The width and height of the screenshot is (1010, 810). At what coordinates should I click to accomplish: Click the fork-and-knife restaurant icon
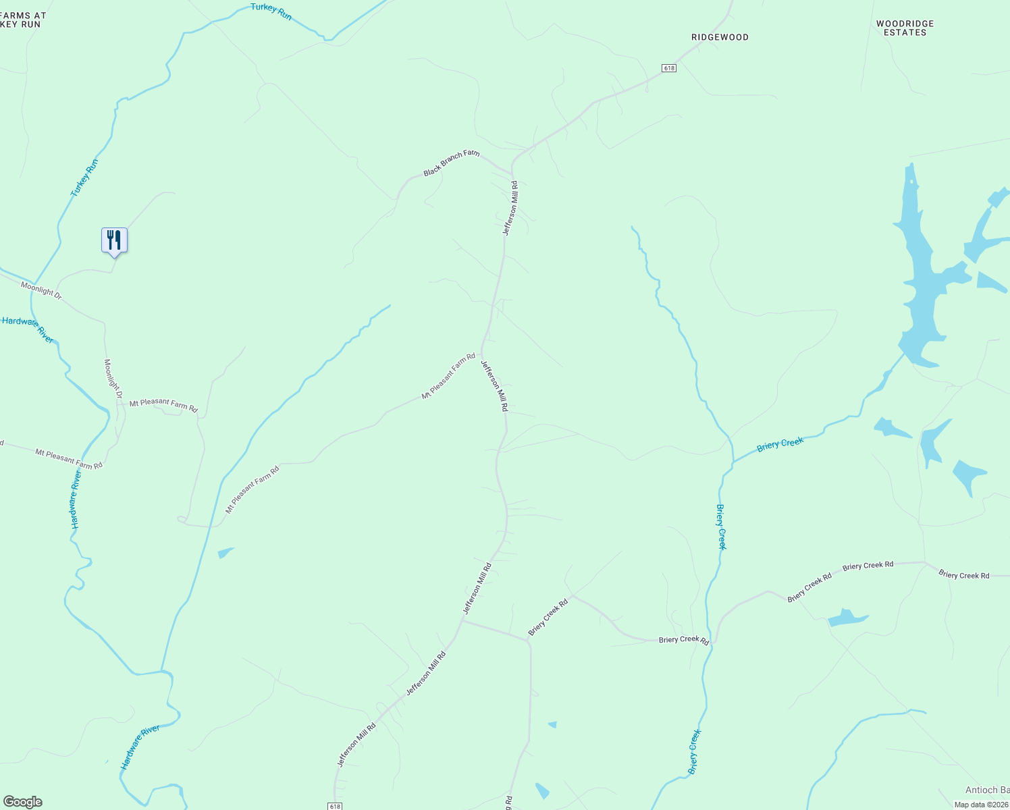pyautogui.click(x=114, y=240)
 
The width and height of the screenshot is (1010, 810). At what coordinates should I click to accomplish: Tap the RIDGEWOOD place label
pyautogui.click(x=720, y=37)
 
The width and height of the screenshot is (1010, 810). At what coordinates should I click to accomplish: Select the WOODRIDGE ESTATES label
pyautogui.click(x=905, y=28)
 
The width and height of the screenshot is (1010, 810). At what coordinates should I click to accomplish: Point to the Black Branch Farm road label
pyautogui.click(x=451, y=163)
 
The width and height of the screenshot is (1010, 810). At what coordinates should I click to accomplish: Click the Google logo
pyautogui.click(x=22, y=802)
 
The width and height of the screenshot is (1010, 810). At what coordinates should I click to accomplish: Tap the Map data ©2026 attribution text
pyautogui.click(x=980, y=805)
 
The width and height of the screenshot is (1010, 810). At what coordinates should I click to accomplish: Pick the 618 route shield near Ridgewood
pyautogui.click(x=668, y=68)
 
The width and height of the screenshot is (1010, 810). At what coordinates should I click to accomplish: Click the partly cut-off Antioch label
pyautogui.click(x=987, y=790)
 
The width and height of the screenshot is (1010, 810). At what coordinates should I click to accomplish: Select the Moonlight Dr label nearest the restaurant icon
pyautogui.click(x=41, y=290)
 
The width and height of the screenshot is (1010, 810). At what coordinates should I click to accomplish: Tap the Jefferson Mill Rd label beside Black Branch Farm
pyautogui.click(x=510, y=208)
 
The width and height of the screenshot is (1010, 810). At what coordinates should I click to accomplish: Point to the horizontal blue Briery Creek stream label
pyautogui.click(x=780, y=444)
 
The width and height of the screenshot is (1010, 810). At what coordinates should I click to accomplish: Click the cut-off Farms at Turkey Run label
pyautogui.click(x=23, y=20)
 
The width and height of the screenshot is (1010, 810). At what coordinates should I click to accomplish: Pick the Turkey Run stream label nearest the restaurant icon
pyautogui.click(x=85, y=178)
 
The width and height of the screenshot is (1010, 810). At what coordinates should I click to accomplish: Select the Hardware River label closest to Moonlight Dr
pyautogui.click(x=28, y=329)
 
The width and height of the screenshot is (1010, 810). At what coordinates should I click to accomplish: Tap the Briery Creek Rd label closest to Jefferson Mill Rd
pyautogui.click(x=548, y=618)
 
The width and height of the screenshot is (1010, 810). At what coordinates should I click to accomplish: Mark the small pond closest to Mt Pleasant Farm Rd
pyautogui.click(x=225, y=553)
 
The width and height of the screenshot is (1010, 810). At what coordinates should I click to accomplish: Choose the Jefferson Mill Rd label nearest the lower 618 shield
pyautogui.click(x=356, y=745)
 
